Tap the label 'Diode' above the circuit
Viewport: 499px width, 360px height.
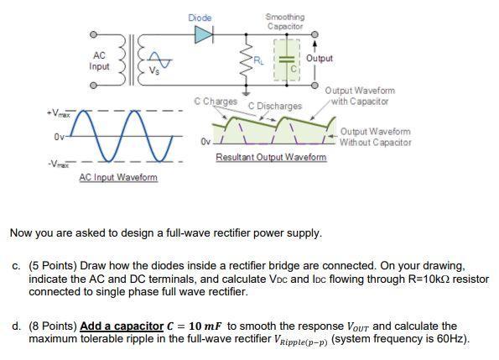pos(200,18)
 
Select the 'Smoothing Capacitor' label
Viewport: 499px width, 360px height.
pos(285,21)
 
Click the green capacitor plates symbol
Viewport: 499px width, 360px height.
pos(287,59)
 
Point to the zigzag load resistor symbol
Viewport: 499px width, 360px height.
pos(247,60)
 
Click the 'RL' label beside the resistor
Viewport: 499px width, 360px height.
pos(259,60)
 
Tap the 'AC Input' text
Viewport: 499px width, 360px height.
pos(99,60)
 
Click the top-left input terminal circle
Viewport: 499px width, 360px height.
pos(92,34)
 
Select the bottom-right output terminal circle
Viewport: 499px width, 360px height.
pos(314,86)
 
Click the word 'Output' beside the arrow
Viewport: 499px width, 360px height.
pos(320,58)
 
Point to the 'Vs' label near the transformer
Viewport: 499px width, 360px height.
pos(154,71)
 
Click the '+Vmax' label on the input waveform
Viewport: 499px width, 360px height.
pos(58,113)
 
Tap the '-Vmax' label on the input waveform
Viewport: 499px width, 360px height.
pos(58,164)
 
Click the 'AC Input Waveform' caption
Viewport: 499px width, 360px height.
pos(118,177)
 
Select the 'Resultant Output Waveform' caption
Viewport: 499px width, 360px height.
pos(271,157)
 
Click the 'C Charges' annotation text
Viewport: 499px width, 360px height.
pos(216,102)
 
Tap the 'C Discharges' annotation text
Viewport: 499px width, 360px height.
pos(274,106)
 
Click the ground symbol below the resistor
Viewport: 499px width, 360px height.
pos(246,92)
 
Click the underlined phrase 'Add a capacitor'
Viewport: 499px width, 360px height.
pos(122,326)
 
